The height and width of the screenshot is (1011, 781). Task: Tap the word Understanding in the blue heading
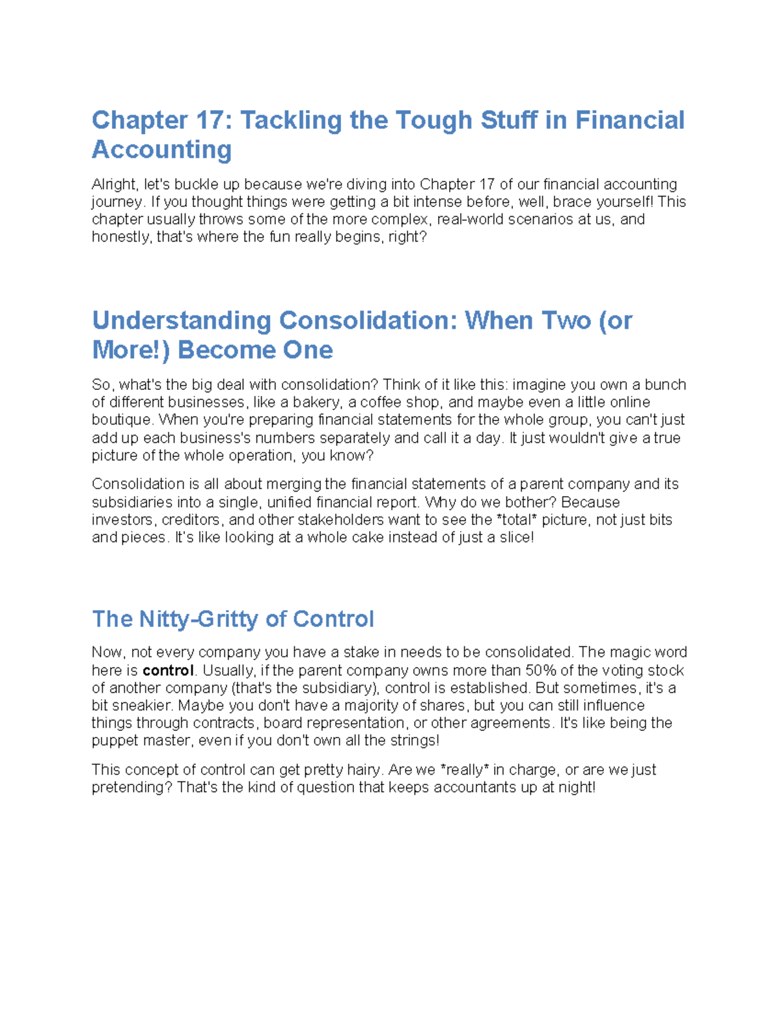click(181, 321)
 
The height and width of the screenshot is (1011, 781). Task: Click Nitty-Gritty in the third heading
click(200, 618)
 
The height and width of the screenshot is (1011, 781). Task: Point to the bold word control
click(168, 671)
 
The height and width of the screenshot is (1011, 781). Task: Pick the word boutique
click(122, 420)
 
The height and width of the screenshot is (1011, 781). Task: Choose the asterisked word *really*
click(465, 770)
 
